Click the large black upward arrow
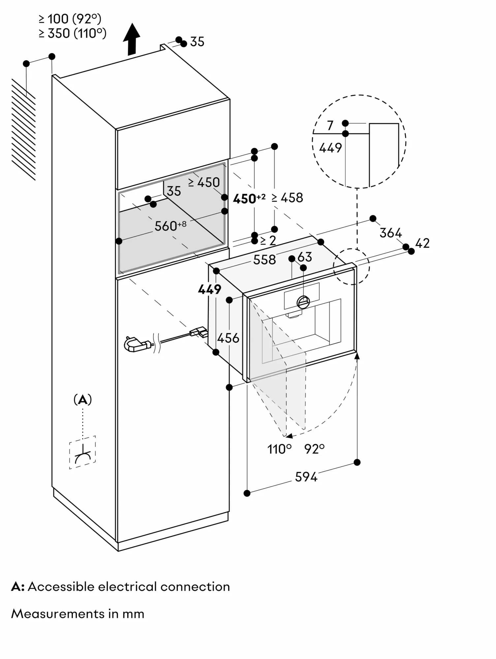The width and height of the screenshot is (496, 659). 132,39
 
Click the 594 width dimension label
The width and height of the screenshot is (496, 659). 306,477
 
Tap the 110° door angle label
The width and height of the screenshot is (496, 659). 279,449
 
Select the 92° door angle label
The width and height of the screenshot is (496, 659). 314,449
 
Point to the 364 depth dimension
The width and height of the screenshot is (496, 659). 390,233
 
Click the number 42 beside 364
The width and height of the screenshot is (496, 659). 422,243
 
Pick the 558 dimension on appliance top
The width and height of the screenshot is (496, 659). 264,260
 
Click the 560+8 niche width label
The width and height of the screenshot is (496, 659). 170,226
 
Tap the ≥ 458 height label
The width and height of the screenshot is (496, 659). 287,198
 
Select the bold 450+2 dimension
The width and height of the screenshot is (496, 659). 249,198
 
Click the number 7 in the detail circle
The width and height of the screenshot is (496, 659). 330,126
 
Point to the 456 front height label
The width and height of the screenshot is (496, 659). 228,338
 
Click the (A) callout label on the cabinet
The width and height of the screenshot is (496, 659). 82,400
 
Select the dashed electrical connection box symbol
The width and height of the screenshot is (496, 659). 82,452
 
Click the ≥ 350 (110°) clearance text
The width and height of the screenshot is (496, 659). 73,33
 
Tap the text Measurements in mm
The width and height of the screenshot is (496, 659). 78,614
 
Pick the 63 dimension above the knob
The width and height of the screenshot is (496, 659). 304,257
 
